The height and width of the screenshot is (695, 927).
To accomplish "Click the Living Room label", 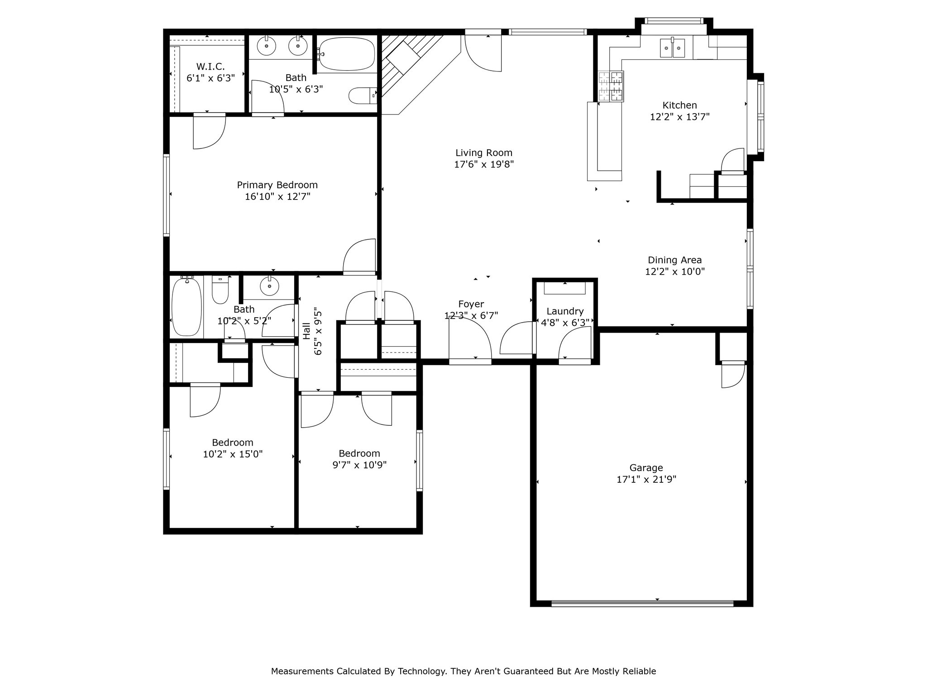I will coord(483,153).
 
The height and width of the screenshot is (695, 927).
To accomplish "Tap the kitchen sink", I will coord(672,48).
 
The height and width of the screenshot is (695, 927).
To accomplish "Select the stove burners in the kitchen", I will coord(611,86).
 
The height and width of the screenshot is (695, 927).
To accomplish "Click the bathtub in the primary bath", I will coord(347,54).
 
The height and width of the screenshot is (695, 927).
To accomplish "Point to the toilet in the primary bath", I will coord(362,95).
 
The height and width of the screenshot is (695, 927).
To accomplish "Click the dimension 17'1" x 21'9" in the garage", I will coord(646,480).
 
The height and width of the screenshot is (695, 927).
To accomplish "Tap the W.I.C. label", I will coord(210,67).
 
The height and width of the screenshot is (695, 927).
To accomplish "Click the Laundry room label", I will coord(564,311).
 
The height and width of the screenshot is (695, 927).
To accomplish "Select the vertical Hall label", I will coord(307,331).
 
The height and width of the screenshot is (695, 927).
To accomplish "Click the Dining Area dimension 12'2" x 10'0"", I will coord(674,271).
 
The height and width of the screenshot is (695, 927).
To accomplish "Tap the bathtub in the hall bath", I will coord(186,306).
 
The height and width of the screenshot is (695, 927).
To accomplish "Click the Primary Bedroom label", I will coord(277,185).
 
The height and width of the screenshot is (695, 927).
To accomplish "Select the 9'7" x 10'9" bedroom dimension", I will coord(359,465).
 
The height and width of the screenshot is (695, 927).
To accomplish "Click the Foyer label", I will coord(471,304).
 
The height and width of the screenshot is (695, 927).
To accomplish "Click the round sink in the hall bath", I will coord(270,286).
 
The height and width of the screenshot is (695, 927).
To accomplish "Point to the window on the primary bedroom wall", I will coord(166,195).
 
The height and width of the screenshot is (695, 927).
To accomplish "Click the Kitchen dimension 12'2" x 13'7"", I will coord(679,117).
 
